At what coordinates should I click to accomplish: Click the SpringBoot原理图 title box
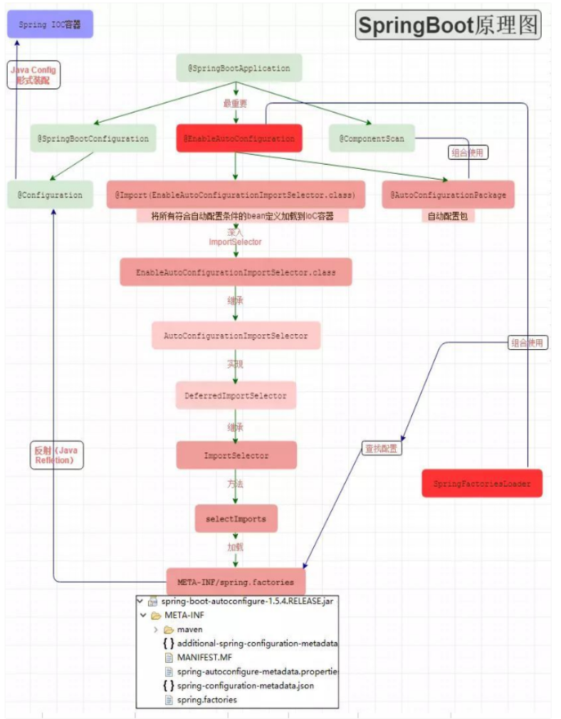448,25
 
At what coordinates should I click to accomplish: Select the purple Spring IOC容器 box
50,24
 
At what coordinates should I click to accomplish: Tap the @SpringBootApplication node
238,68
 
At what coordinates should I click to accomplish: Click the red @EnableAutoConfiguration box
238,139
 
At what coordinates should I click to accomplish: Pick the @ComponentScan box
371,139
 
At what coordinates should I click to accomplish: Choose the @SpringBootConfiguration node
93,139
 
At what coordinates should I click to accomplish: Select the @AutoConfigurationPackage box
448,195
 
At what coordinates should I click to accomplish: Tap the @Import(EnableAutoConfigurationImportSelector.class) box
236,195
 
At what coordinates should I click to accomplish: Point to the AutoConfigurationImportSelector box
236,336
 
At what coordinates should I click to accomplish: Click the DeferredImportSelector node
236,395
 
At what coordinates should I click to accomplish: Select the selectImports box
236,519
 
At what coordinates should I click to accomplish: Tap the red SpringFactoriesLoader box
482,484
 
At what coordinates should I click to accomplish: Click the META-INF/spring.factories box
236,581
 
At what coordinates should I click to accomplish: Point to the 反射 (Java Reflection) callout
58,455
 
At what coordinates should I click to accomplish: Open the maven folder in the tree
189,629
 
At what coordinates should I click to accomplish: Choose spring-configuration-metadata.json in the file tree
245,686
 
